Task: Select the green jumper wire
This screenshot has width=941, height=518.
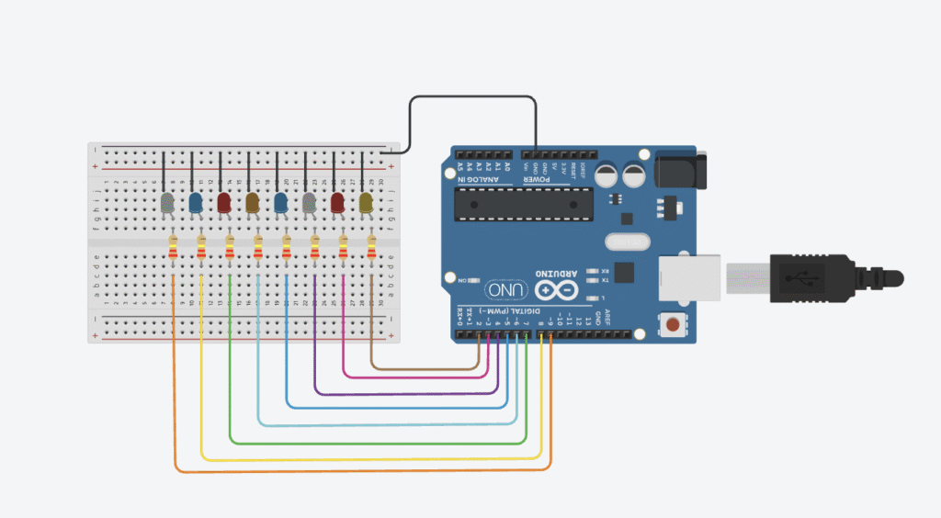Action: tap(368, 443)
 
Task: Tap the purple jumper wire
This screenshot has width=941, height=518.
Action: tap(395, 394)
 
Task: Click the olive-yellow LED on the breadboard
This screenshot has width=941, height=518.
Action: tap(366, 203)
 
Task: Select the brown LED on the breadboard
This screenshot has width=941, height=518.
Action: tap(253, 203)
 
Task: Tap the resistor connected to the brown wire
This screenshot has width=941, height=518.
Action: tap(372, 249)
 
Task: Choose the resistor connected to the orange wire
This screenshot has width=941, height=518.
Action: tap(174, 249)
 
